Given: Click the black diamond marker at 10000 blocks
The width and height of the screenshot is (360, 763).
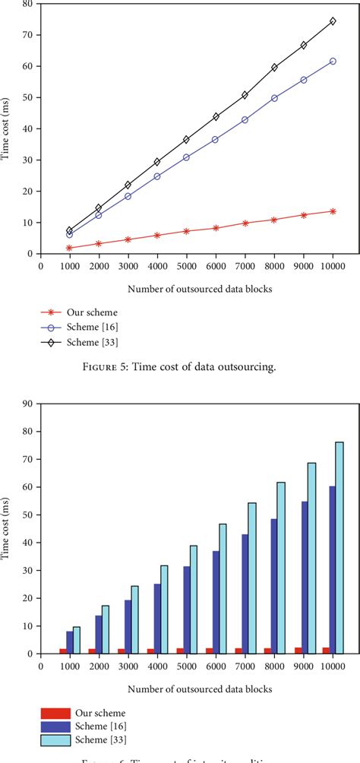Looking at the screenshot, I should coord(333,21).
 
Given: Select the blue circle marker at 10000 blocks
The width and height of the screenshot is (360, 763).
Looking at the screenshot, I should coord(333,61).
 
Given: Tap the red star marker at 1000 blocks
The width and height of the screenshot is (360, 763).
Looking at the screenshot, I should coord(69,248).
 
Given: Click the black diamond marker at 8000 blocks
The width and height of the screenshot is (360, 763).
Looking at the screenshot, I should coord(274,67).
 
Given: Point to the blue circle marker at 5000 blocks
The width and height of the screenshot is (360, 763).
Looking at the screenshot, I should coord(186,157).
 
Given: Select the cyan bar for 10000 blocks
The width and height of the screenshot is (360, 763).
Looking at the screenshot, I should coord(339,547).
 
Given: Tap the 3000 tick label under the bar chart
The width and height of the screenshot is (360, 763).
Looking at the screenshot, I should coord(128,666).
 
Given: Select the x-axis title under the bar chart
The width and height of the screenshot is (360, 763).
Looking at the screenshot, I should coord(180,689).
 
